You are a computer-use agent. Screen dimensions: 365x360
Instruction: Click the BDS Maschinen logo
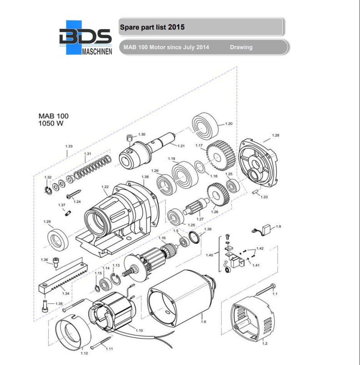85,38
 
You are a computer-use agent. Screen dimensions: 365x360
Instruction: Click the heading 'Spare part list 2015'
152,27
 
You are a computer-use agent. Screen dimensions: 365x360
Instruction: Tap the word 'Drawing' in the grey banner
241,47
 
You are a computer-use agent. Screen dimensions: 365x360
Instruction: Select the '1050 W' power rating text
50,123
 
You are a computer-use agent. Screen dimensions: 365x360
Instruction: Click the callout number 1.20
229,124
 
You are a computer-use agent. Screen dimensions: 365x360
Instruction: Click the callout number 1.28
275,135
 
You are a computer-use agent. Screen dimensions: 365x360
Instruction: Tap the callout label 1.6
203,322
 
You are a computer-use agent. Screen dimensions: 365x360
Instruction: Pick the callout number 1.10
139,330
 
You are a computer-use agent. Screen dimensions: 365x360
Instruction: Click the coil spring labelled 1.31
93,168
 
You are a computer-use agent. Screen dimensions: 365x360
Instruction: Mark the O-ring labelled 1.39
194,238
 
